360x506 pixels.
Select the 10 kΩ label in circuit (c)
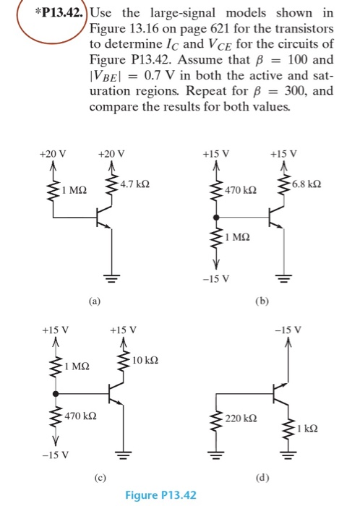[145, 359]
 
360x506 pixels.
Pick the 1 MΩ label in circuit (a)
[74, 190]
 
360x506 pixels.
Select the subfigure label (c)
[96, 476]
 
